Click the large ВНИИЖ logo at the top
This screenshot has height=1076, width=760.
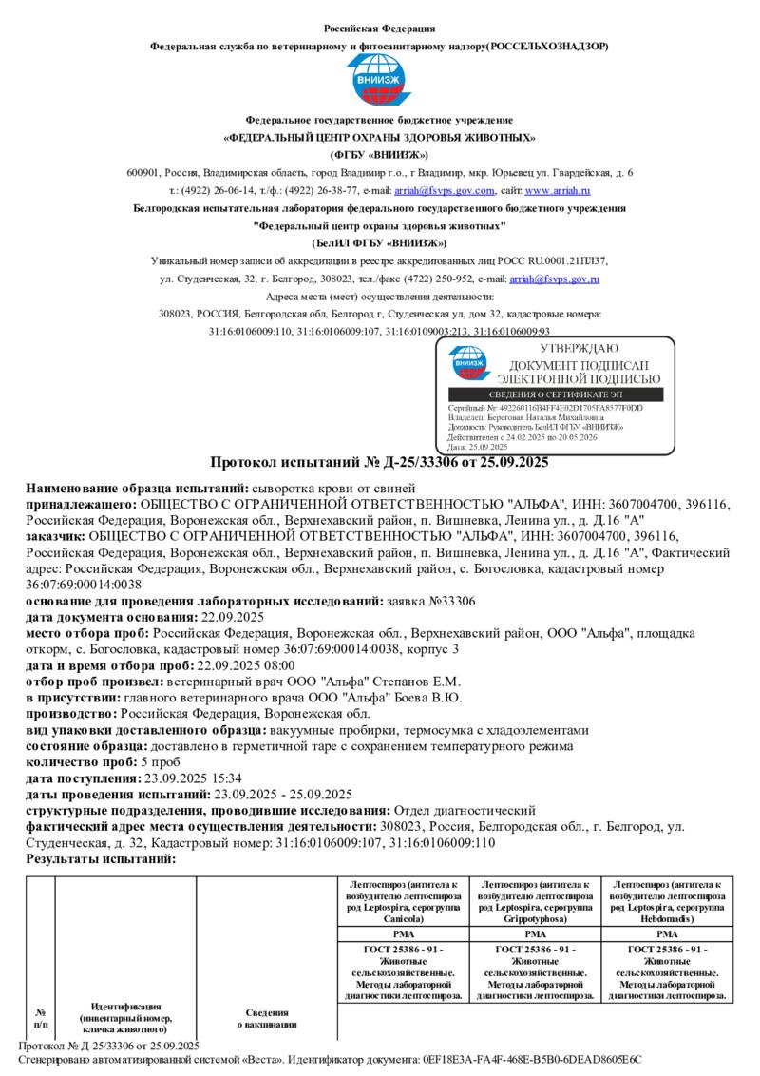tap(379, 81)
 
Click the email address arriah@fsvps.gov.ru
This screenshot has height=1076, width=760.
tap(554, 279)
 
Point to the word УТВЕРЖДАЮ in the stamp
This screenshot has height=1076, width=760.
tap(579, 349)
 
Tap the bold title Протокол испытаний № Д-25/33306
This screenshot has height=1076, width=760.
tap(379, 463)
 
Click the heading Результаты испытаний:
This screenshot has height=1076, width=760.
tap(101, 859)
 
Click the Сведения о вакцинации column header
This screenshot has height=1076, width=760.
tap(267, 1018)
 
